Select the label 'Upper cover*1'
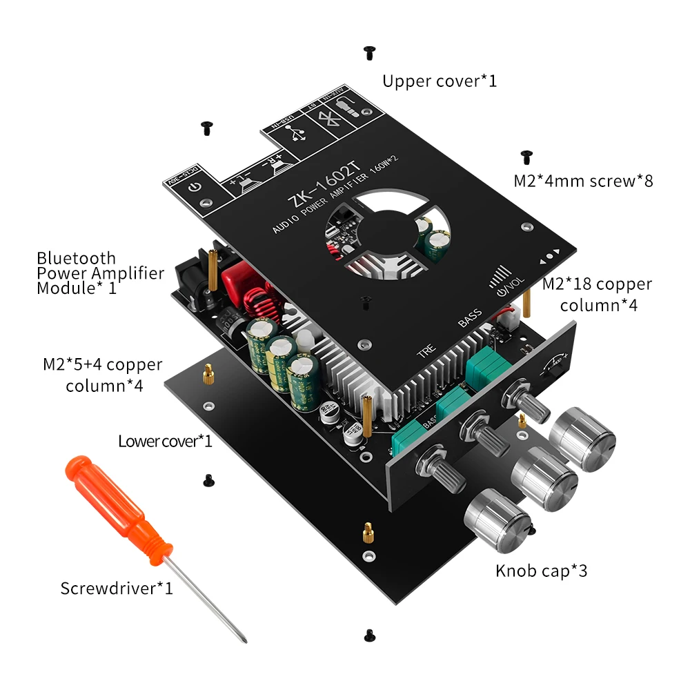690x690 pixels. tap(440, 81)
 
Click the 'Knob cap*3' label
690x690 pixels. tap(542, 571)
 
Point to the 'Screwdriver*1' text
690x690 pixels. tap(117, 589)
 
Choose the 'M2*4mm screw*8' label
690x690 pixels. tap(583, 181)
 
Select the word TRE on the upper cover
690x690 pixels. tap(426, 352)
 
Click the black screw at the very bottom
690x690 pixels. tap(368, 633)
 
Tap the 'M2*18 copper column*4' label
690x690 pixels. tap(597, 294)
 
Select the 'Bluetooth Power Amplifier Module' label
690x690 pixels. tap(101, 273)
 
